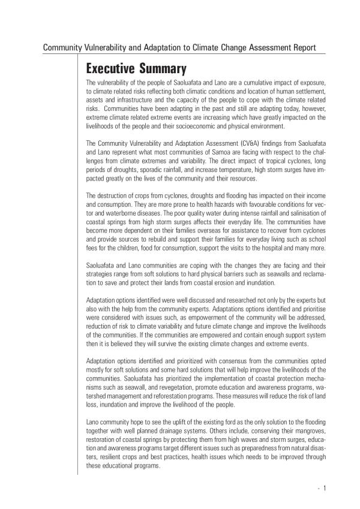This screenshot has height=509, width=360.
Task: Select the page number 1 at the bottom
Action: (324, 488)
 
